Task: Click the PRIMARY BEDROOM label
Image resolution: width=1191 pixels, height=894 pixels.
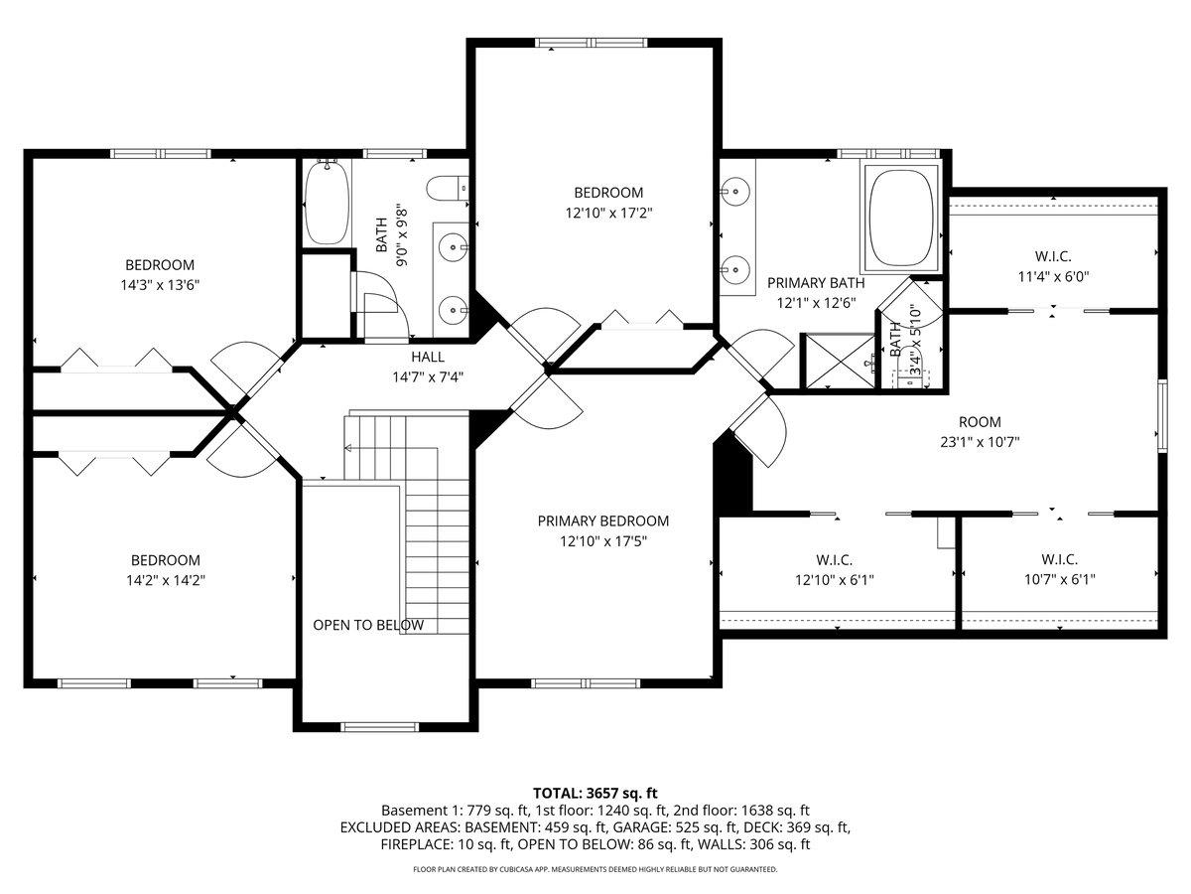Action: (602, 521)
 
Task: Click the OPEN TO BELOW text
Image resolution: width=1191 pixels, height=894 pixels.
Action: (368, 625)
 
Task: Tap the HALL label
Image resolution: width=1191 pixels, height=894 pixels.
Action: (428, 357)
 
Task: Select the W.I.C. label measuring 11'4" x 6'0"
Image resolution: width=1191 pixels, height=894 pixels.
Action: (1052, 256)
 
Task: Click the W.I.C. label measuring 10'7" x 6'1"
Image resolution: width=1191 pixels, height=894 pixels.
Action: (1059, 559)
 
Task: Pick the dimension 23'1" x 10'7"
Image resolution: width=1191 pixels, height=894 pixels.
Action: (980, 442)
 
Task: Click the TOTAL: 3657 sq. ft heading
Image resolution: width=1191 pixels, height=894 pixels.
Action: (595, 793)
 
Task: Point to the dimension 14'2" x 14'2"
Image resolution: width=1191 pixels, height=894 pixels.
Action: (166, 580)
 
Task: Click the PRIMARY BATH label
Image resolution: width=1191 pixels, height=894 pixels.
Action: (816, 283)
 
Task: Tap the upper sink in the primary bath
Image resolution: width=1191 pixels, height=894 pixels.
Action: (734, 190)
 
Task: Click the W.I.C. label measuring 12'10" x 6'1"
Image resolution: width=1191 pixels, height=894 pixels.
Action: (835, 559)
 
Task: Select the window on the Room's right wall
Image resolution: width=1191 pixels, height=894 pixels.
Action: (1160, 417)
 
